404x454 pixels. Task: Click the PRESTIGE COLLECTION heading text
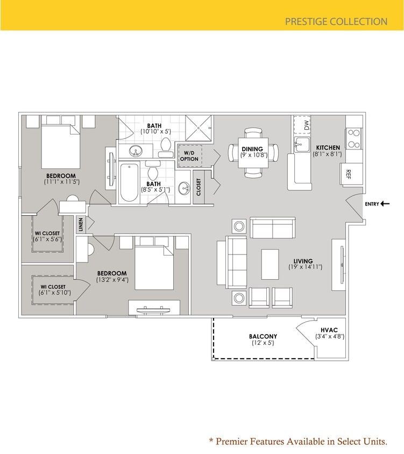coord(336,22)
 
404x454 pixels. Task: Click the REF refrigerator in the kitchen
coord(349,173)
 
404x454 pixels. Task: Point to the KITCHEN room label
coord(328,148)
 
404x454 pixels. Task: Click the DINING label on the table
coord(252,149)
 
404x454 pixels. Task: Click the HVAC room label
coord(329,329)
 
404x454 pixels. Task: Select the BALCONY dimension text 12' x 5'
coord(263,343)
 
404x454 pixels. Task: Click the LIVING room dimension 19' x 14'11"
coord(305,267)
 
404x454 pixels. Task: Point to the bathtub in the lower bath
coord(129,183)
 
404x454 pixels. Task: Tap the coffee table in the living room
coord(270,264)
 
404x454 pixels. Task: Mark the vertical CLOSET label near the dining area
coord(198,187)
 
